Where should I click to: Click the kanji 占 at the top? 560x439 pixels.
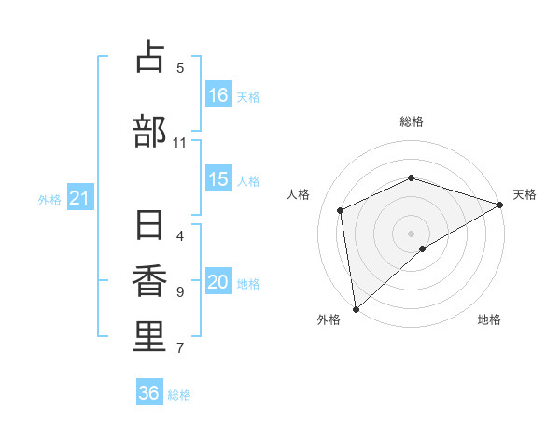coord(149,58)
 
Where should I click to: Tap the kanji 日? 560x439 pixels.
coord(149,227)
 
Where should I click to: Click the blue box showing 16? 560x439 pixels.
coord(218,94)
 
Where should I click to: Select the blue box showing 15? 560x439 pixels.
coord(218,179)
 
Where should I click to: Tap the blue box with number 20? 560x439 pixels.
coord(218,282)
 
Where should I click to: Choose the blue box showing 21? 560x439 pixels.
coord(79,198)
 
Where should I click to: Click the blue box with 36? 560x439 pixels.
coord(149,393)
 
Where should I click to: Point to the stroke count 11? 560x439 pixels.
coord(179,143)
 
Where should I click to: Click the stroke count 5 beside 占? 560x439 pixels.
coord(180,67)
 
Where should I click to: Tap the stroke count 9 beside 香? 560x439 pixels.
coord(180,292)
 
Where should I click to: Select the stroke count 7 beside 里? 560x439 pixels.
coord(180,348)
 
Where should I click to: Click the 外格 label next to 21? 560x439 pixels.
coord(49,199)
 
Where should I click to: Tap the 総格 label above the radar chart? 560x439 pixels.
coord(411,121)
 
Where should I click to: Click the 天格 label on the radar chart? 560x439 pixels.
coord(525,194)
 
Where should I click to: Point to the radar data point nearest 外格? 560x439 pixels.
coord(355,308)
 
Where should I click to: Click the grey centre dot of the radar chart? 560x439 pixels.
coord(411,233)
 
